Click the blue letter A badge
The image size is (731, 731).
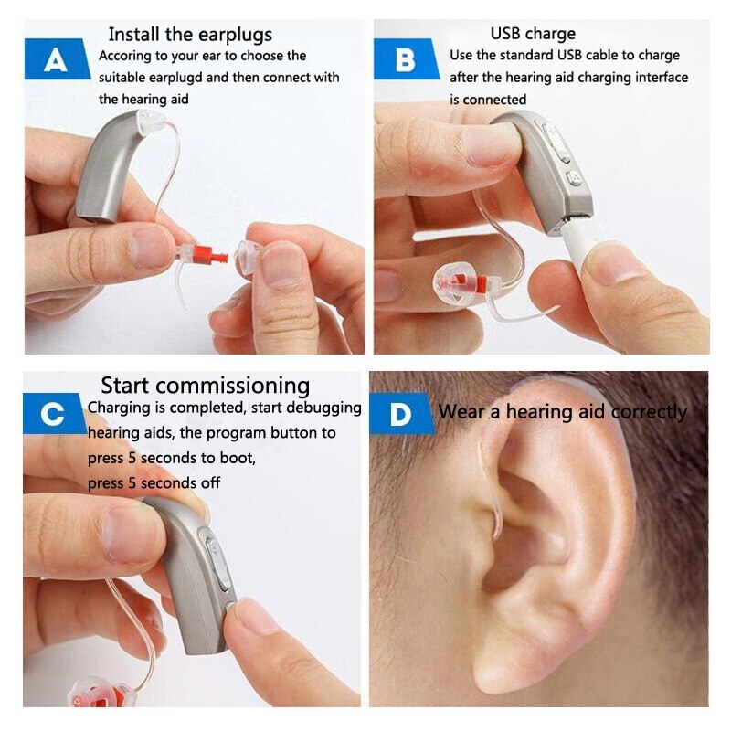57,59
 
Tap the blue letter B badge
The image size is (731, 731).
406,59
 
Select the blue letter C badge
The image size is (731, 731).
54,414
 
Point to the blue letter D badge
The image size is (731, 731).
401,414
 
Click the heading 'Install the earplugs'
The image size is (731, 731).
190,35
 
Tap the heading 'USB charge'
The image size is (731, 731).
533,34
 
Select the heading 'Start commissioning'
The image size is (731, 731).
205,386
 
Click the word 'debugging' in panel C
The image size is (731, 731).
323,408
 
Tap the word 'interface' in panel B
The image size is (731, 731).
662,77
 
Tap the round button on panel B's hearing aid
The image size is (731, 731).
575,177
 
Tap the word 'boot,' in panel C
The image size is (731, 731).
238,458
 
